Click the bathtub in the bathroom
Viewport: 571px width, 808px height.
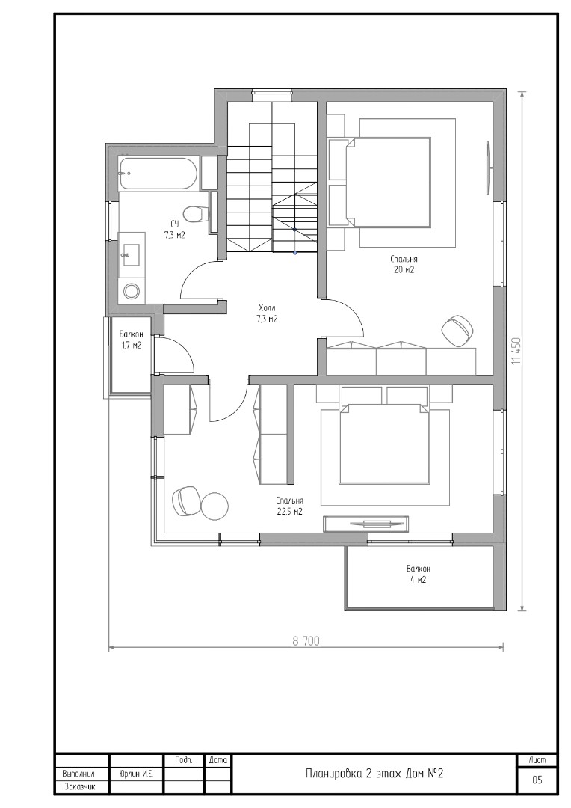pos(158,174)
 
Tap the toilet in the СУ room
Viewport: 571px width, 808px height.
pos(197,213)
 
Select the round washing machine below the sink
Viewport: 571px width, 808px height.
pos(132,291)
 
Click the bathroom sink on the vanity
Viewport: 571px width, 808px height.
pos(132,250)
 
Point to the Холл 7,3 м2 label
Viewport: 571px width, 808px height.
pos(268,313)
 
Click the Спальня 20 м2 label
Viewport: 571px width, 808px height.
pos(403,264)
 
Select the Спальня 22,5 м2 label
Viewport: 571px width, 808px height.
pos(288,506)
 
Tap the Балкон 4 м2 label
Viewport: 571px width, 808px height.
pos(418,574)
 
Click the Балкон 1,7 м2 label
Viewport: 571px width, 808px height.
pos(131,339)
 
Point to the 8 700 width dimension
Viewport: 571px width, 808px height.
pos(306,641)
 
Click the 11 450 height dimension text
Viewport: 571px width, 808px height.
pos(516,352)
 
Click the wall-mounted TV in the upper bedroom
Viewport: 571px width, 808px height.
pos(487,168)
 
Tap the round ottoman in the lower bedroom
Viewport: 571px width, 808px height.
pos(216,506)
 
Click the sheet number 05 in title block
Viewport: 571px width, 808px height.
pos(537,780)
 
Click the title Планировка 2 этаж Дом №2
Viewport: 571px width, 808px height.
pos(375,774)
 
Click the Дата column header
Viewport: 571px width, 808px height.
pos(218,759)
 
